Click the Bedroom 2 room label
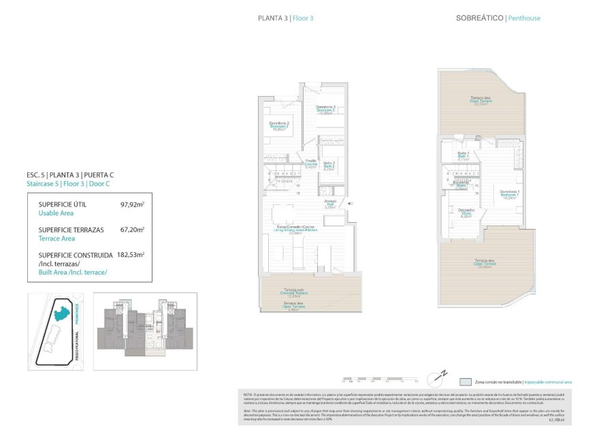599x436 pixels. (279, 125)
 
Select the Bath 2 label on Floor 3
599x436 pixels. (328, 165)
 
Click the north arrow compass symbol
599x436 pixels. (440, 375)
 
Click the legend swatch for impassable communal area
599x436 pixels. (466, 383)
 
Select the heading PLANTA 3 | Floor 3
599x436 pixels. (286, 18)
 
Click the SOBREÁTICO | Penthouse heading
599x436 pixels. (498, 18)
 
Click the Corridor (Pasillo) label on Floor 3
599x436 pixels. (310, 163)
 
